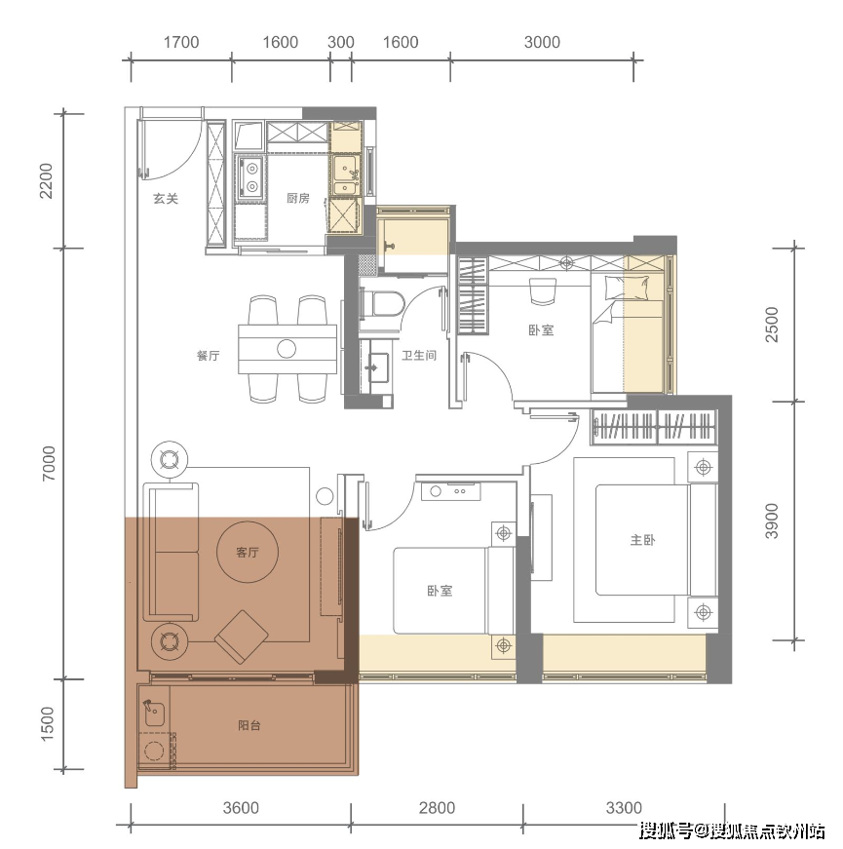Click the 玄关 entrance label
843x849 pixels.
(166, 199)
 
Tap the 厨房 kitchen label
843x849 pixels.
(298, 198)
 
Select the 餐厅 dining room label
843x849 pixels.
(208, 356)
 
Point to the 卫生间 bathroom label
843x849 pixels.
(419, 355)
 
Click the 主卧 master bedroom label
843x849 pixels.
(642, 540)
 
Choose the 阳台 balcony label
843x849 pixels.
(249, 725)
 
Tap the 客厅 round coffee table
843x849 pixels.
(248, 552)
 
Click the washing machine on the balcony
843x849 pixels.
(155, 751)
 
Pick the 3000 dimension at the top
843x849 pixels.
(542, 42)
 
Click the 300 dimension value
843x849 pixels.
(340, 42)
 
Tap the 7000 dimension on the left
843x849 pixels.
(49, 463)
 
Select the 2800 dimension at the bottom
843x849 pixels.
(437, 808)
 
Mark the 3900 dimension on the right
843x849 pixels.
(772, 521)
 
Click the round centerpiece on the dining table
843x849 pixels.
(287, 349)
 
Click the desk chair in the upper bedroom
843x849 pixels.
(543, 291)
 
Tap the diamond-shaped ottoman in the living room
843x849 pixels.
(242, 637)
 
